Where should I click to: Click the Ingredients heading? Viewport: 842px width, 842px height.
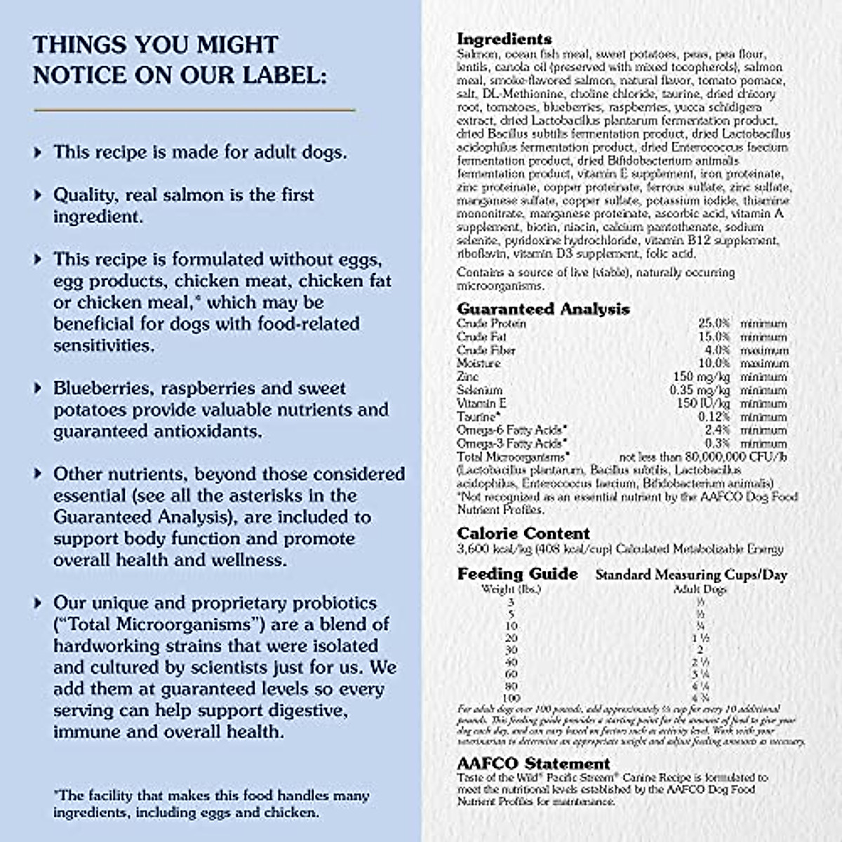504,39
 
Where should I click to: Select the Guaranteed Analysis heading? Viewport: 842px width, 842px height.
543,309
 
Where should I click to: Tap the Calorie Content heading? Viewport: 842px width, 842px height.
523,533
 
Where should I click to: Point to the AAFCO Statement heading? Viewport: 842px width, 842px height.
533,763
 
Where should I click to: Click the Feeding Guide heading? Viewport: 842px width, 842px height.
517,574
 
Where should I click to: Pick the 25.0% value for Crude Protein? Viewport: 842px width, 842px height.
714,324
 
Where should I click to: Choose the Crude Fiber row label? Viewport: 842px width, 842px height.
486,350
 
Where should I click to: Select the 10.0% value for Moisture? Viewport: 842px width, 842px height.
714,363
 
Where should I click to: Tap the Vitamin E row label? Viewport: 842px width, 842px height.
481,403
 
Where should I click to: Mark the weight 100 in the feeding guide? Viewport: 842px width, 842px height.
511,699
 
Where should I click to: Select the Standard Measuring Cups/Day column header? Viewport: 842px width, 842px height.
691,575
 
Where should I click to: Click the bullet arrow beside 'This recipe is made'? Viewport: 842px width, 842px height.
39,152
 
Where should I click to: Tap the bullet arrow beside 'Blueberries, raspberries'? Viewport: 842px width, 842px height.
39,388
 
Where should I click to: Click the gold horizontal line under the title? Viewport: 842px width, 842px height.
194,109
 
